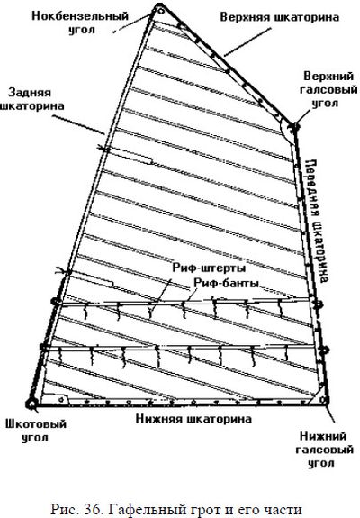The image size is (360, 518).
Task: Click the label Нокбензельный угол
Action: (x=80, y=23)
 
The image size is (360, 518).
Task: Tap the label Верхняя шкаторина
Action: (x=280, y=17)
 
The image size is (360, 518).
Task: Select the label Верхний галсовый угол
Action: (x=328, y=90)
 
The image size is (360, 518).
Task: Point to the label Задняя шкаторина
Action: (x=32, y=99)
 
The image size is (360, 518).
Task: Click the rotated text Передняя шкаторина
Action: (x=317, y=221)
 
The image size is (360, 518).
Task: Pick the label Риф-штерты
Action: (x=209, y=268)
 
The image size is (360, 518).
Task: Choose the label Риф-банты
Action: (x=226, y=283)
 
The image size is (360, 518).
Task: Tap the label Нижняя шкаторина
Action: (x=193, y=419)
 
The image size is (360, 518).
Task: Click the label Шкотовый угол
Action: (x=36, y=431)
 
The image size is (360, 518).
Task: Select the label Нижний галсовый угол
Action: (x=324, y=450)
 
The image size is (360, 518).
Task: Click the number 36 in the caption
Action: (x=93, y=509)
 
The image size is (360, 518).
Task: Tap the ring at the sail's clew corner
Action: (x=32, y=404)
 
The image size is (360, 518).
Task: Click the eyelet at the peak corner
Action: (x=161, y=11)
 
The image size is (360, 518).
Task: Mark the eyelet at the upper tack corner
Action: (x=294, y=126)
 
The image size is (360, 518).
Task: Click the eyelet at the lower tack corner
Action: (x=324, y=401)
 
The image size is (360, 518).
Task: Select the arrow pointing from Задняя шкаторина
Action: (x=79, y=125)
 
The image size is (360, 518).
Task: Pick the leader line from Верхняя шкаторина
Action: (x=247, y=42)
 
